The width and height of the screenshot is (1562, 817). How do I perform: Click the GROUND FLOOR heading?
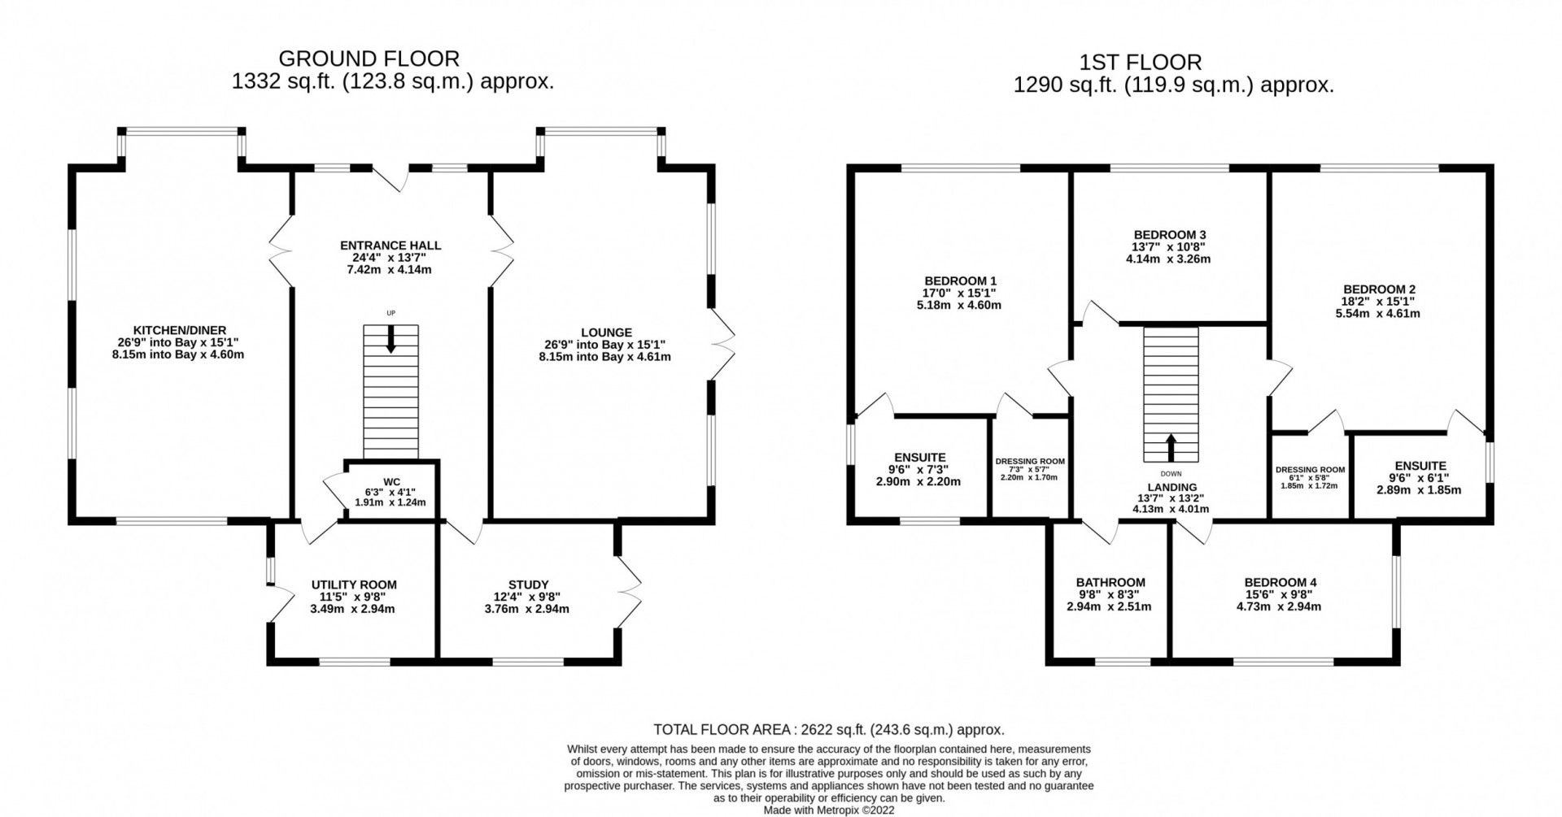(x=369, y=59)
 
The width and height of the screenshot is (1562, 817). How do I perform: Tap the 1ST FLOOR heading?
(x=1140, y=62)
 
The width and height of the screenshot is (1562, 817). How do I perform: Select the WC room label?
(x=391, y=482)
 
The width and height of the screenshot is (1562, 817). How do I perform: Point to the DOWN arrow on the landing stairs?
(x=1171, y=446)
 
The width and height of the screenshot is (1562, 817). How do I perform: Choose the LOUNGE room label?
(x=606, y=332)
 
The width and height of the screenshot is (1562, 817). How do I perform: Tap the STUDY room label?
(x=528, y=585)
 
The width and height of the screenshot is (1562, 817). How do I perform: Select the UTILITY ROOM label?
(x=354, y=585)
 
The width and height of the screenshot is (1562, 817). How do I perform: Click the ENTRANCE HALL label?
(x=390, y=246)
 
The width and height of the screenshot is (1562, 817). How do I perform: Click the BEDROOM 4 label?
(x=1280, y=582)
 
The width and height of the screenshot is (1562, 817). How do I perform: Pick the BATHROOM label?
(x=1110, y=582)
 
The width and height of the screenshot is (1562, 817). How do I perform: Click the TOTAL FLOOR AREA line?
(x=829, y=729)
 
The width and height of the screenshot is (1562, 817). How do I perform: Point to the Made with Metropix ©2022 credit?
(x=829, y=810)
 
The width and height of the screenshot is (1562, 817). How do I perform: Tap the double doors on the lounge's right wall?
(x=722, y=345)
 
